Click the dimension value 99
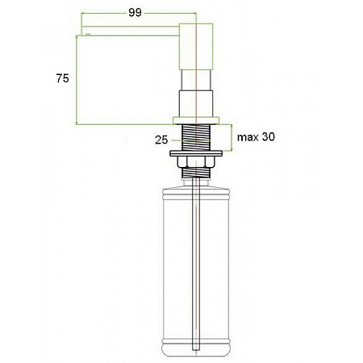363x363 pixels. coord(135,13)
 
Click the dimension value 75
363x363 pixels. coord(62,78)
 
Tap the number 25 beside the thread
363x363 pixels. coord(161,140)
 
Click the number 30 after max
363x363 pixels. coord(269,137)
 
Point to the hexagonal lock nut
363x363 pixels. coord(196,162)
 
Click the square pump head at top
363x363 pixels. coord(196,47)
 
